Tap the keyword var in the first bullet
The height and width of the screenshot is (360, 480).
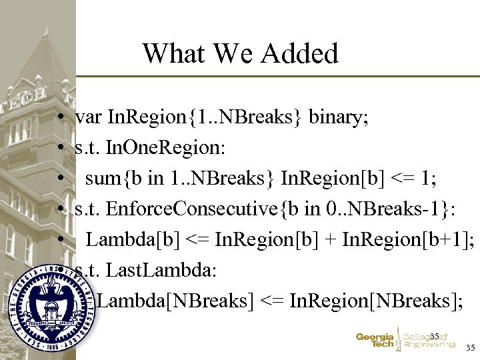[89, 118]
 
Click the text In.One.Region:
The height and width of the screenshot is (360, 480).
[165, 148]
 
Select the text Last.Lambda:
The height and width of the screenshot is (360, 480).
[151, 270]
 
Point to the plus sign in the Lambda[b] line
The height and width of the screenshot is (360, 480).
[331, 240]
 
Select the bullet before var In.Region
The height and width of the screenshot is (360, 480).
[61, 119]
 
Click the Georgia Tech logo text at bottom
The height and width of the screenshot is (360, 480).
[375, 341]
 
